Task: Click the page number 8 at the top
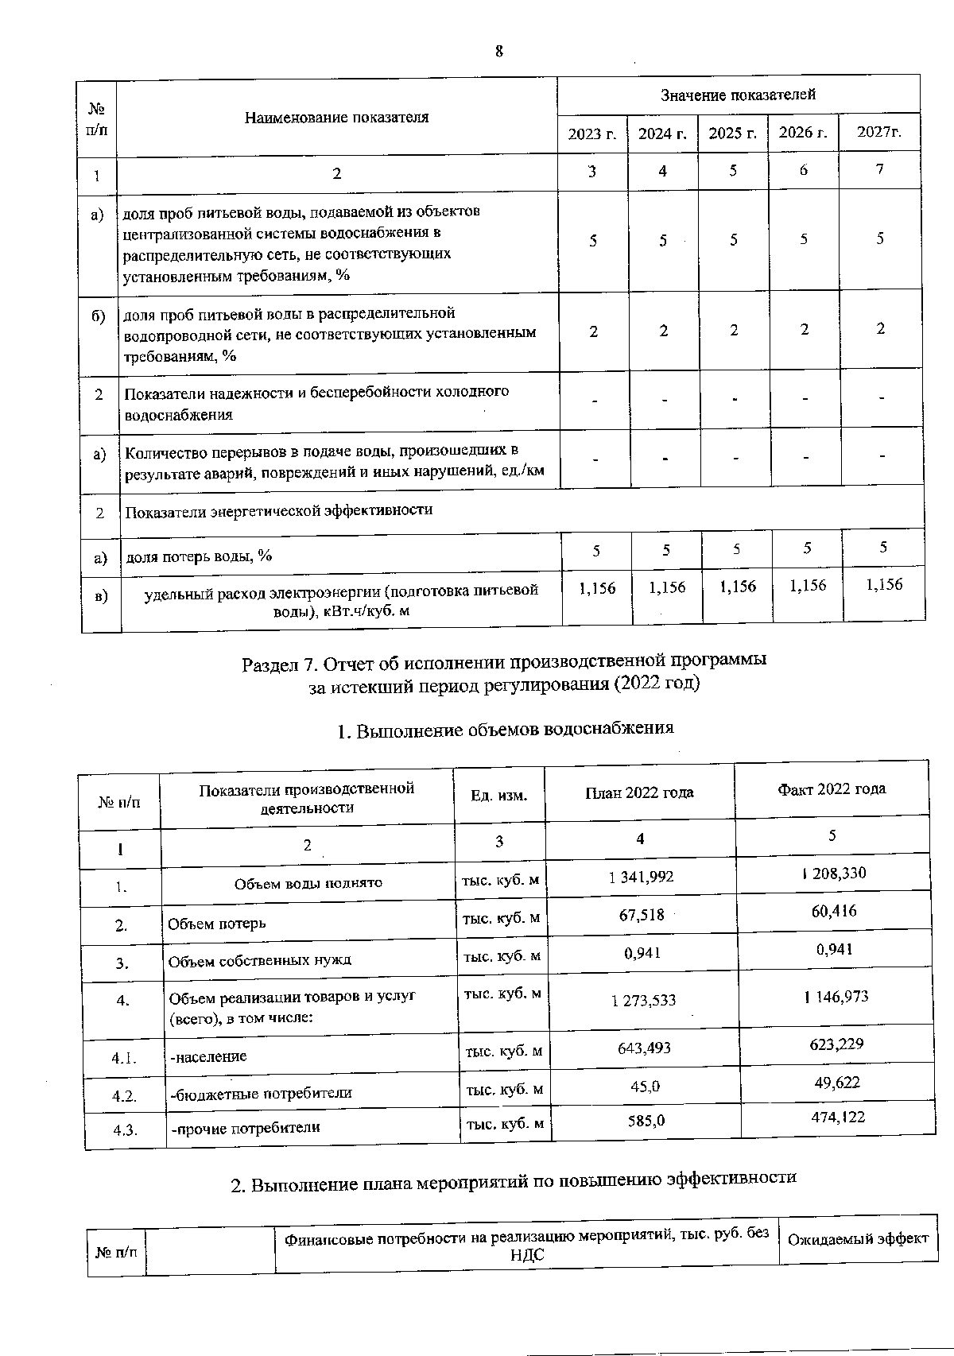click(x=499, y=52)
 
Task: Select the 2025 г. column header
click(x=732, y=134)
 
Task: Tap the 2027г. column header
click(x=879, y=132)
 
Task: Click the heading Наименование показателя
click(x=336, y=118)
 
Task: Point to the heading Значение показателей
click(x=738, y=95)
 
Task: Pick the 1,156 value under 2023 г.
click(x=597, y=589)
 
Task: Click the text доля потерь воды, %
click(x=199, y=556)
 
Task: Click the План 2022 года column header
click(x=639, y=792)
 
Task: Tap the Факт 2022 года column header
click(x=831, y=788)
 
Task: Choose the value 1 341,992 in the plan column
click(x=641, y=877)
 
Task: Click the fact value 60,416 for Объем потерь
click(x=834, y=912)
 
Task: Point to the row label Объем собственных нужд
click(x=259, y=960)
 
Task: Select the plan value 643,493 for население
click(x=644, y=1048)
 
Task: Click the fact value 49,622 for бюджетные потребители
click(x=837, y=1083)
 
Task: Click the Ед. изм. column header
click(x=498, y=795)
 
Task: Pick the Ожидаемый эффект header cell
click(x=857, y=1238)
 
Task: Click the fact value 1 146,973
click(x=835, y=997)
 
